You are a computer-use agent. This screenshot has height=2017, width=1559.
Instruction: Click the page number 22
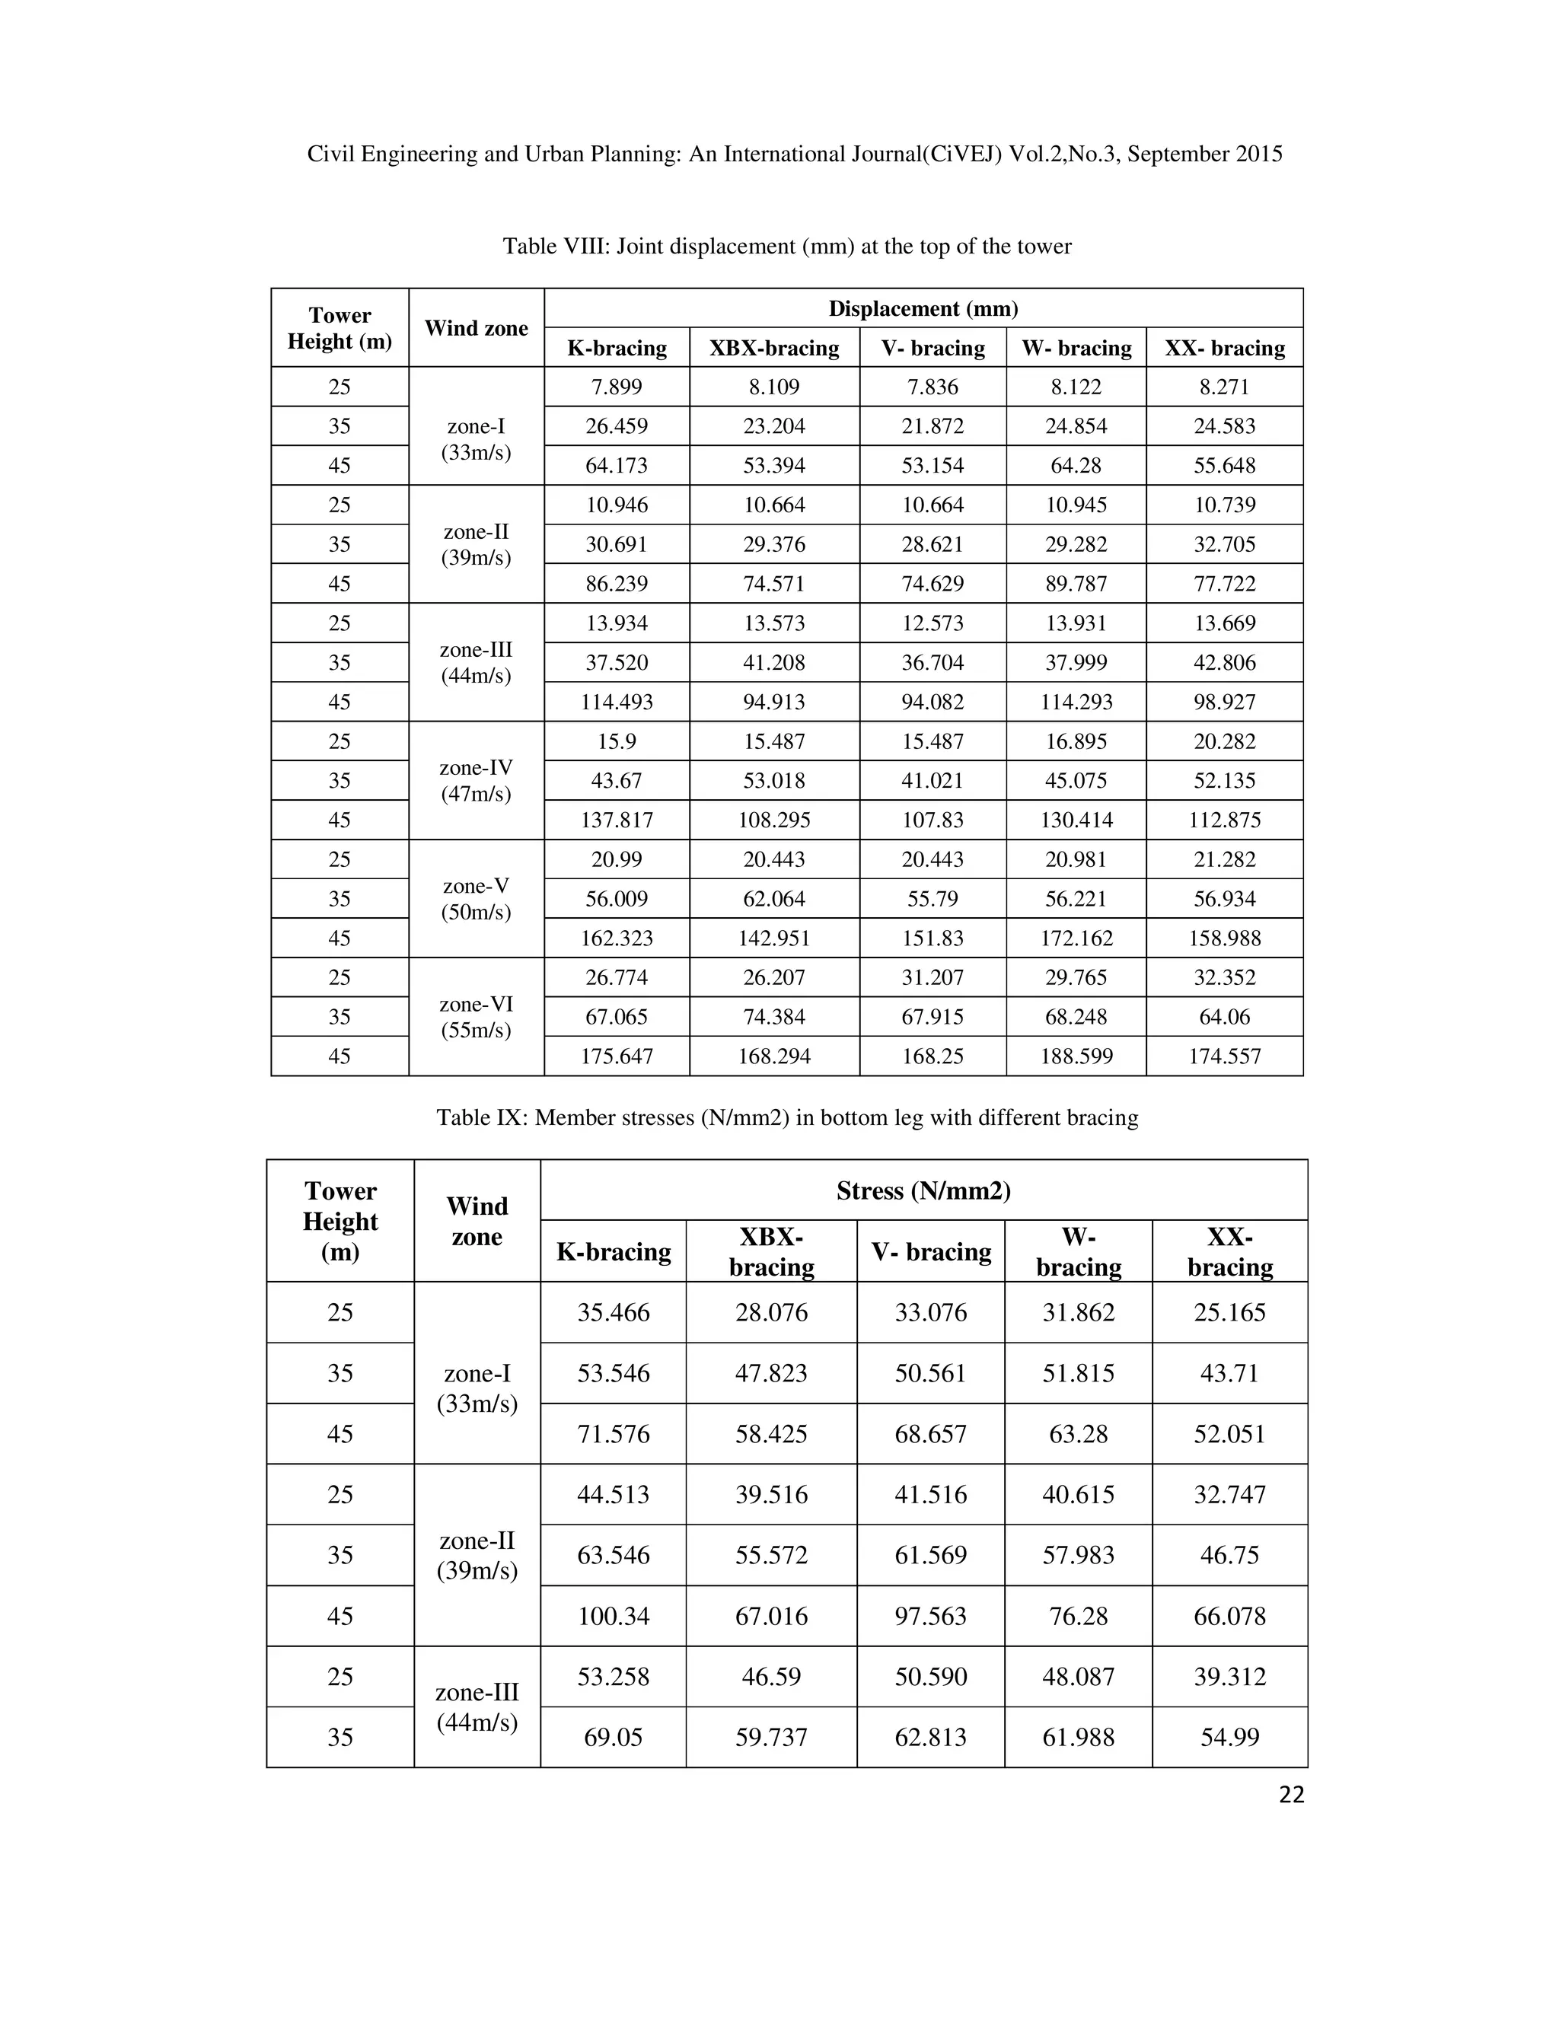point(1291,1795)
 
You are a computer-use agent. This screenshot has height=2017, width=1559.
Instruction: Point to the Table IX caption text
point(787,1117)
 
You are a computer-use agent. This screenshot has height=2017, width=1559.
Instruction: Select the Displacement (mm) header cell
point(923,308)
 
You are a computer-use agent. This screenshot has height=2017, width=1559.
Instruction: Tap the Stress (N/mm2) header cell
point(923,1190)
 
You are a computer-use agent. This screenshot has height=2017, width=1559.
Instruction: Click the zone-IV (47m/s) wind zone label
point(476,780)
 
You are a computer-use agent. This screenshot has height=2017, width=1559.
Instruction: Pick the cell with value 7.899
point(616,387)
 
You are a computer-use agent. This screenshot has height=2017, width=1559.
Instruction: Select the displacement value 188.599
point(1076,1056)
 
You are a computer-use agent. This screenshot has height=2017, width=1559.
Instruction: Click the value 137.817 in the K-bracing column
point(616,820)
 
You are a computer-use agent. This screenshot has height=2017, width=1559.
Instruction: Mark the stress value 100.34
point(614,1616)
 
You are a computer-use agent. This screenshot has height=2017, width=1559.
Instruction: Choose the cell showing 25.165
point(1229,1312)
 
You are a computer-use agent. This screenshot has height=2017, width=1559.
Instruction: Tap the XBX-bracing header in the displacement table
point(774,348)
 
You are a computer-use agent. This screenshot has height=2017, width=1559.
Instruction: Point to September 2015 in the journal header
point(1204,155)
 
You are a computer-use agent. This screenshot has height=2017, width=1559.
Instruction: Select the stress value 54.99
point(1229,1737)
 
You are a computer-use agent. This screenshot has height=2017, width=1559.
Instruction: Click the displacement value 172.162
point(1076,938)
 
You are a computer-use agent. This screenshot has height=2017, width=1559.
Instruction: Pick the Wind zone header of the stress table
point(477,1221)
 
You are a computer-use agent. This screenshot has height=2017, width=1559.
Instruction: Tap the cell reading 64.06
point(1224,1017)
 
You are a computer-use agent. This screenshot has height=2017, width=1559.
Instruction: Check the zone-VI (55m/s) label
point(476,1017)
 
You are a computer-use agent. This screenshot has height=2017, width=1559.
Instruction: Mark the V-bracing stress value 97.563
point(930,1616)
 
